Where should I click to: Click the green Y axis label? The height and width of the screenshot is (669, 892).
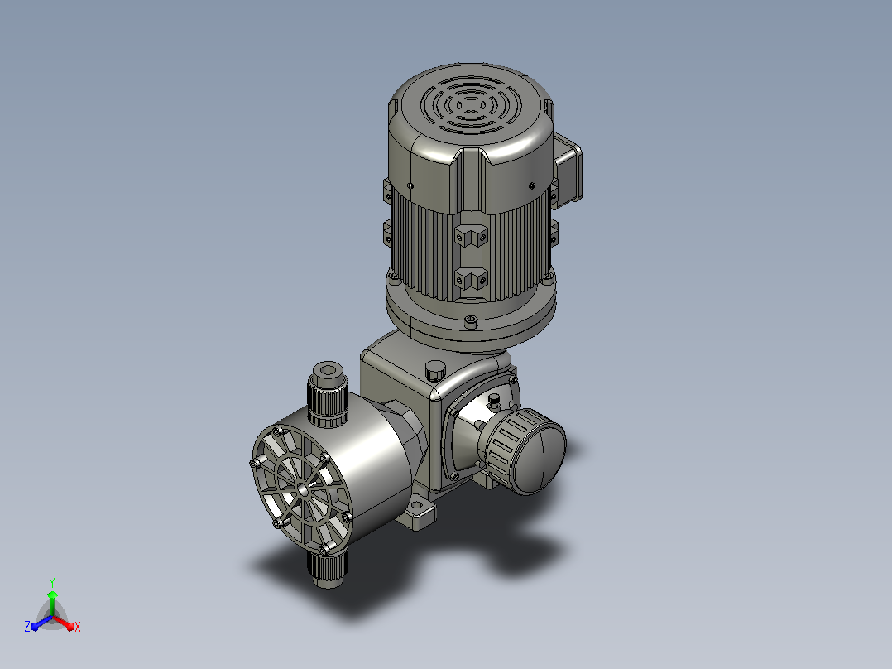coord(52,582)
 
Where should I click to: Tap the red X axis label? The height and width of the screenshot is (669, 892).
coord(78,627)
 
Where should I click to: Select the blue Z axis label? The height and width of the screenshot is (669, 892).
coord(27,627)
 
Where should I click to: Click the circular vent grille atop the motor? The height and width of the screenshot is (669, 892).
coord(471,106)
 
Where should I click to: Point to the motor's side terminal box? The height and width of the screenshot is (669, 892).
coord(568,168)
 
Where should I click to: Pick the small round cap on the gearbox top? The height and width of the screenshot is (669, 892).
coord(435,371)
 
